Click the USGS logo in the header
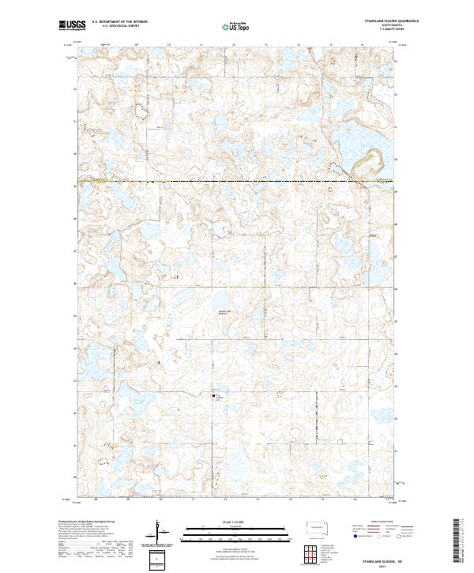(x=72, y=25)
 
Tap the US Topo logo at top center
(x=229, y=25)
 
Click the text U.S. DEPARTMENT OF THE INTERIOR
(x=119, y=22)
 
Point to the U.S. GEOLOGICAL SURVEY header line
(x=115, y=26)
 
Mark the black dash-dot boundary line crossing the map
(x=237, y=181)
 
